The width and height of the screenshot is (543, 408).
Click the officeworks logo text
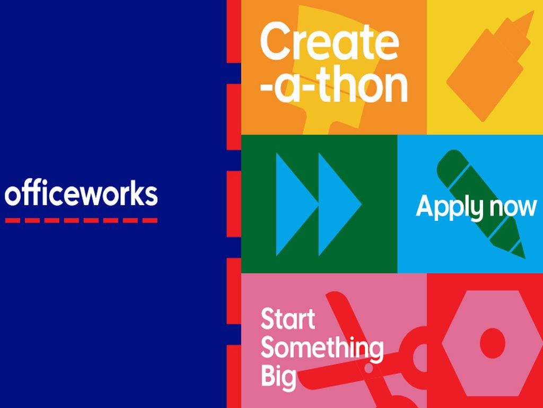coord(81,194)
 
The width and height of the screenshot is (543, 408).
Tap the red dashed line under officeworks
coord(81,220)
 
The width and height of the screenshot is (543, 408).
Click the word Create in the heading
coord(329,42)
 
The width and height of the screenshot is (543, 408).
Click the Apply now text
coord(477,207)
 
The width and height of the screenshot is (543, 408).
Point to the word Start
coord(288,319)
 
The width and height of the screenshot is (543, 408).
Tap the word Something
coord(322,348)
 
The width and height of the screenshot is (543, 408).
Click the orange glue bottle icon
coord(488,66)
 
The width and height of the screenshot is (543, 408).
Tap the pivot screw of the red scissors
coord(369,368)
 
